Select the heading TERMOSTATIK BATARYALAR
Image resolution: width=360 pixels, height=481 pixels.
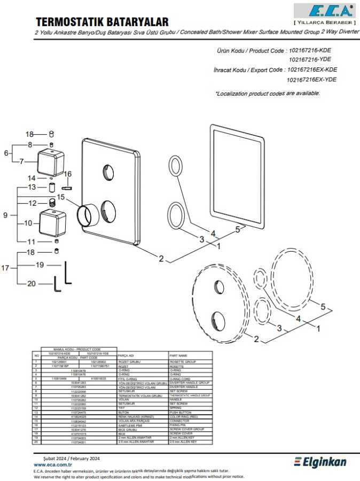101,21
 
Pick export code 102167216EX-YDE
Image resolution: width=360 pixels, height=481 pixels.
311,80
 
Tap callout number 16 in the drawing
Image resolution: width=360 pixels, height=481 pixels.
68,174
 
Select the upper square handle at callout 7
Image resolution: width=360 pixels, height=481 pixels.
51,160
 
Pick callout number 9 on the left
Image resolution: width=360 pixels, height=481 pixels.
5,215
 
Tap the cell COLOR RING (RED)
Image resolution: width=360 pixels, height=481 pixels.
182,416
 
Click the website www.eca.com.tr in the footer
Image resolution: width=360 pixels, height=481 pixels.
53,465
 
